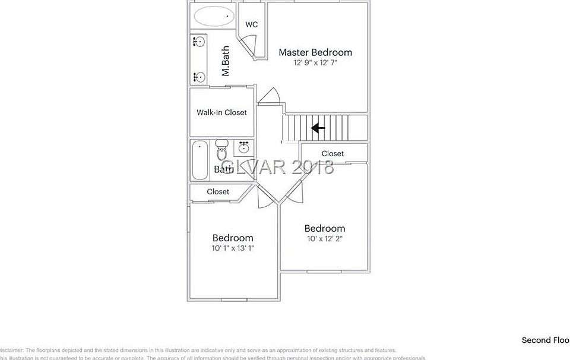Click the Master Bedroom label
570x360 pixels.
[x=315, y=52]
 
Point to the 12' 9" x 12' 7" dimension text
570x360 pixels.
[x=315, y=62]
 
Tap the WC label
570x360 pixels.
[x=252, y=24]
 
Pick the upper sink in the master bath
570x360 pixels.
[x=199, y=42]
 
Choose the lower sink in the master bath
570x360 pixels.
[x=199, y=77]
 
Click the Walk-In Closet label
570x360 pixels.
[x=221, y=112]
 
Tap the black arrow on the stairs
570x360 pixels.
[x=318, y=127]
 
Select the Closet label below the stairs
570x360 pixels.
[x=332, y=153]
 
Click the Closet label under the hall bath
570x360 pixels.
[x=218, y=191]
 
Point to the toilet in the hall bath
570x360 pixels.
[x=222, y=151]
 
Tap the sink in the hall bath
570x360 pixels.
[x=243, y=147]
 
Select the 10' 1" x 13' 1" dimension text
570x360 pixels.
[x=233, y=248]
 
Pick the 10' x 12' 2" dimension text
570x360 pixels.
[x=324, y=239]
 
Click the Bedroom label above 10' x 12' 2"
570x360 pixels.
[x=324, y=229]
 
